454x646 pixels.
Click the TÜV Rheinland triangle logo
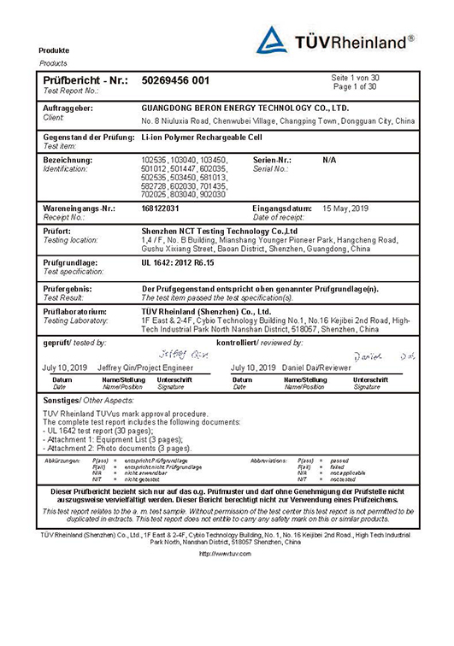point(274,40)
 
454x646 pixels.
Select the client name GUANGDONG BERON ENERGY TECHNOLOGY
point(245,109)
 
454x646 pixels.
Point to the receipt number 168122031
point(161,208)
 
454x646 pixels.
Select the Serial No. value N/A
point(329,160)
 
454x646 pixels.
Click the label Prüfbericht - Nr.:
point(84,80)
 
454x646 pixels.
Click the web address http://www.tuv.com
point(227,554)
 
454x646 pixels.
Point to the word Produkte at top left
point(54,50)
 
